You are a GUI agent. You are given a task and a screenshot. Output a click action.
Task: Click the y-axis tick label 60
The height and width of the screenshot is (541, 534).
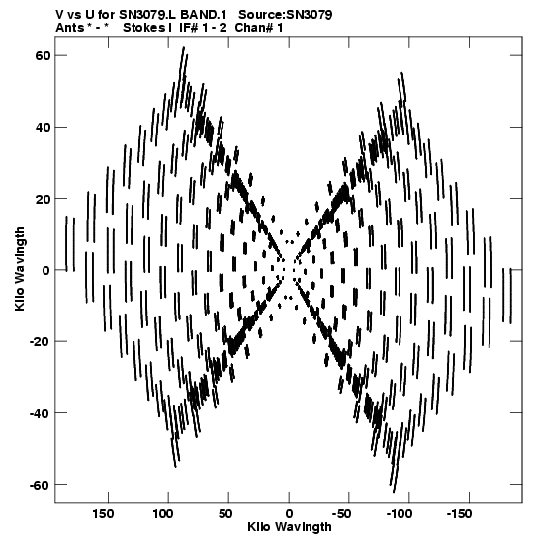coord(43,55)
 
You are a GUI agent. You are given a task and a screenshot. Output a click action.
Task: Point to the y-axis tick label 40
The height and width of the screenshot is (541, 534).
coord(43,127)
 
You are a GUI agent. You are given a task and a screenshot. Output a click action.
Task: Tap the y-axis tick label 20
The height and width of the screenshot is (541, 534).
coord(43,199)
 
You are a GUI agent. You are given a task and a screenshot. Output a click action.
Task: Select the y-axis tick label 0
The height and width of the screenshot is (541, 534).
coord(45,271)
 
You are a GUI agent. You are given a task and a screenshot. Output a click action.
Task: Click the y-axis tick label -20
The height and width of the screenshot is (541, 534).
coord(40,341)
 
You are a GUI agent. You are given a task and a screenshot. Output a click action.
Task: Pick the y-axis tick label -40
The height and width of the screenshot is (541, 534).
coord(40,413)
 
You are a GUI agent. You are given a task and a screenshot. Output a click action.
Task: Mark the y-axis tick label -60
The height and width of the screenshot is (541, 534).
coord(40,485)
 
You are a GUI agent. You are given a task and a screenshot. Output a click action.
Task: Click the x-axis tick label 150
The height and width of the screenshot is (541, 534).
coord(103,514)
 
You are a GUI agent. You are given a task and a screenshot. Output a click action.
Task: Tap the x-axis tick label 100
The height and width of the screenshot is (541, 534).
coord(163,514)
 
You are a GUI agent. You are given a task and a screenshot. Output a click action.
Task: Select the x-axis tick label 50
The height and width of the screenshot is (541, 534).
coord(225,514)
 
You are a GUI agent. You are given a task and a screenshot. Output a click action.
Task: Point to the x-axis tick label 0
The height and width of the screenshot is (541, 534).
coord(289,514)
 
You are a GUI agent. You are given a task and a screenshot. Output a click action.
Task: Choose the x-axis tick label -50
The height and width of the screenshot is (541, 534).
coord(341,514)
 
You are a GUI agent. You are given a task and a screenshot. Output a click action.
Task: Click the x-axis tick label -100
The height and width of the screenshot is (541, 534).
coord(400,514)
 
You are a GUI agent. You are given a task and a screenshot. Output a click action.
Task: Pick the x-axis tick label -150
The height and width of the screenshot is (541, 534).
coord(459,514)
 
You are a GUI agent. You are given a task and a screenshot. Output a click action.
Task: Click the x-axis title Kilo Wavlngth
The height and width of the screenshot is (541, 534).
coord(290,528)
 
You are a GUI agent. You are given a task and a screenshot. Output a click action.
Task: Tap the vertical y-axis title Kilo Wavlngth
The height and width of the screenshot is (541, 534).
coord(20,269)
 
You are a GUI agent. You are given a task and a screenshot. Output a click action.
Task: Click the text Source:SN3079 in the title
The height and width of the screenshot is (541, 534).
coord(285,15)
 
